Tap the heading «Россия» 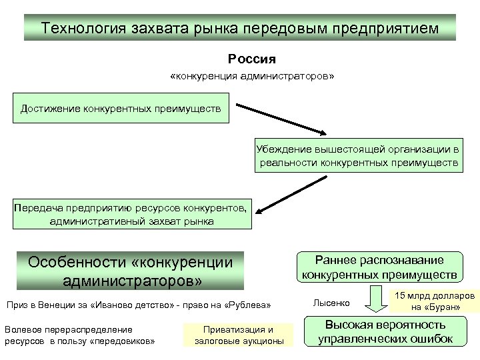251,59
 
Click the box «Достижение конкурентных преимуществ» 121,108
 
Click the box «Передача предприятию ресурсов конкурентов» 131,213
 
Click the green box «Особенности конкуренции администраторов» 131,270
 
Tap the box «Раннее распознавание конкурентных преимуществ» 379,267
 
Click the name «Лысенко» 331,303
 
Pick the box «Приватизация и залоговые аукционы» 238,335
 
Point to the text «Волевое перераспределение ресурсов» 79,335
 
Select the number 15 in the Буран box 401,295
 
